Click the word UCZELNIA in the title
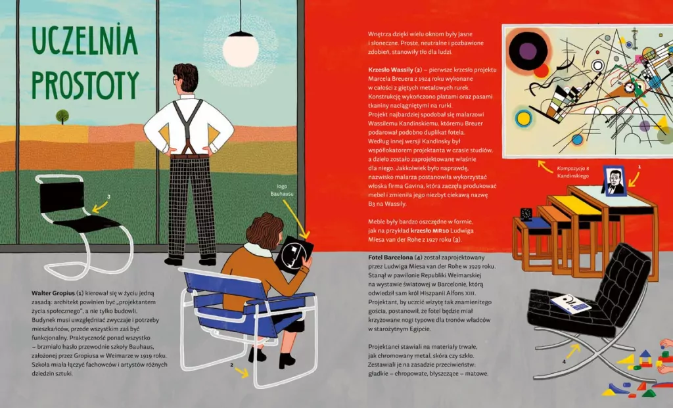(x=85, y=40)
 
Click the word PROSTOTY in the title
(x=85, y=85)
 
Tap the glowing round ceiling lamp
(x=241, y=49)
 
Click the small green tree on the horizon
(x=62, y=116)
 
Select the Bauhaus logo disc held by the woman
(x=293, y=256)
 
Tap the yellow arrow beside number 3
(x=100, y=207)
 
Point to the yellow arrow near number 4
(x=573, y=351)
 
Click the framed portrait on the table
(x=615, y=181)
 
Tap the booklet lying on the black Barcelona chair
(x=570, y=304)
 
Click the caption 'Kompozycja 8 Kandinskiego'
(x=573, y=172)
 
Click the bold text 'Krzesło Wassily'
(x=390, y=70)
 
